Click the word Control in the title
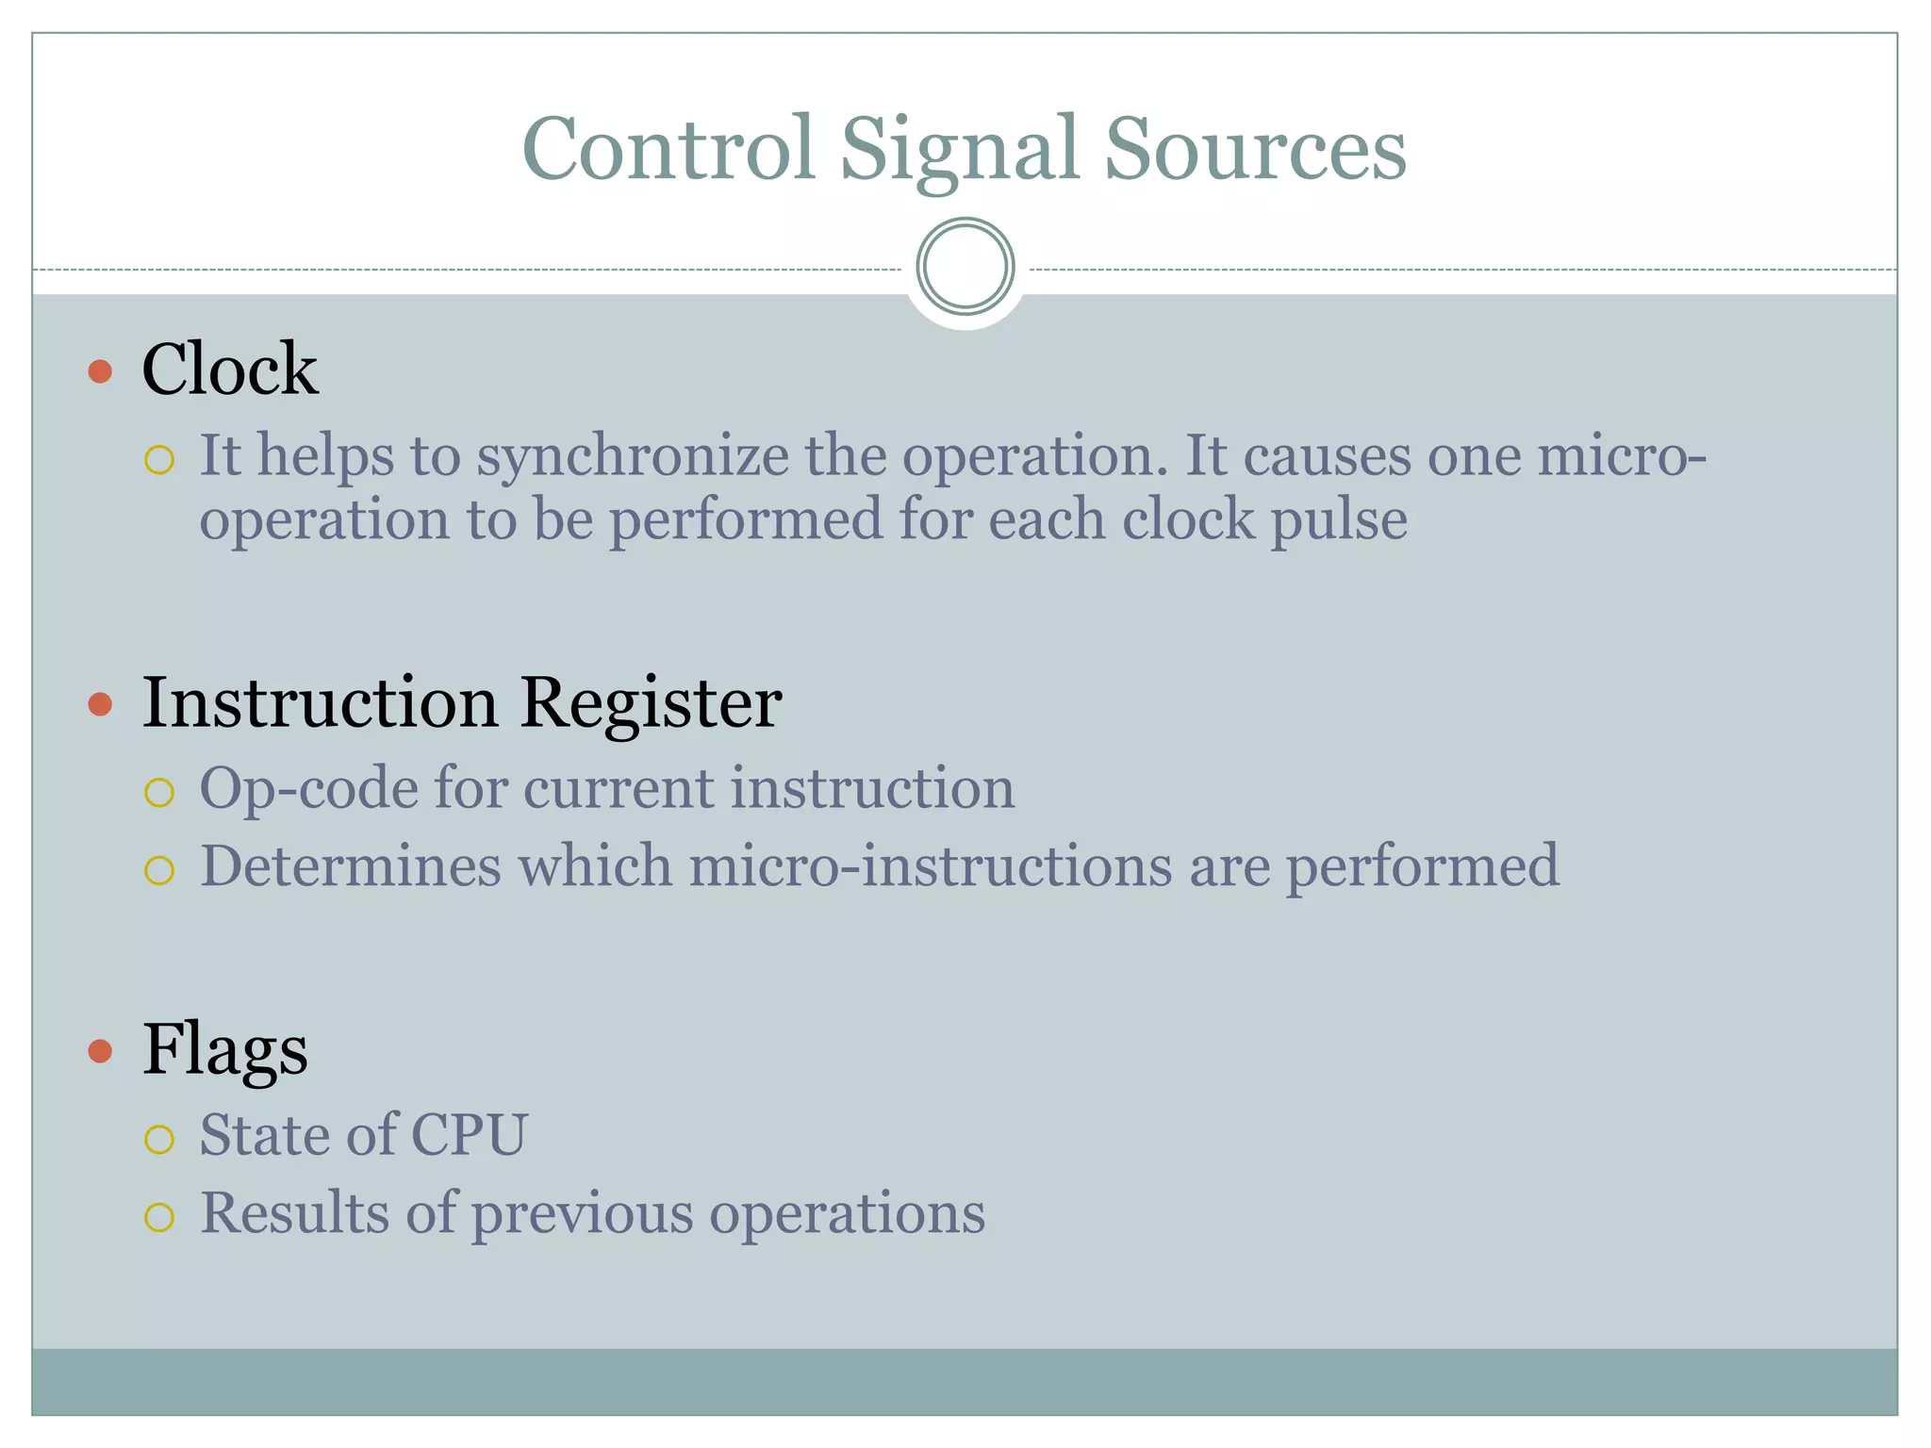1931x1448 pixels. click(668, 148)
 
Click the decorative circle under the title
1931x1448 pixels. click(965, 267)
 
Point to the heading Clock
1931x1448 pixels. click(229, 369)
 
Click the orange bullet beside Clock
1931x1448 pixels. click(100, 370)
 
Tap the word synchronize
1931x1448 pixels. click(632, 457)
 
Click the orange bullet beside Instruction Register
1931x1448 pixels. click(100, 704)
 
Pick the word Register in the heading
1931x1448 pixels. click(650, 702)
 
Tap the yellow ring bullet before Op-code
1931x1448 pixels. click(159, 793)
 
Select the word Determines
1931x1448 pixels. click(350, 866)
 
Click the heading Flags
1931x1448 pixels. click(224, 1049)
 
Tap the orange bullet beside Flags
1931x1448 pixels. click(100, 1050)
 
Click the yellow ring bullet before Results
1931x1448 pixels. click(159, 1217)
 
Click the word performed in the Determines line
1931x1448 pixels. click(1422, 866)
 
